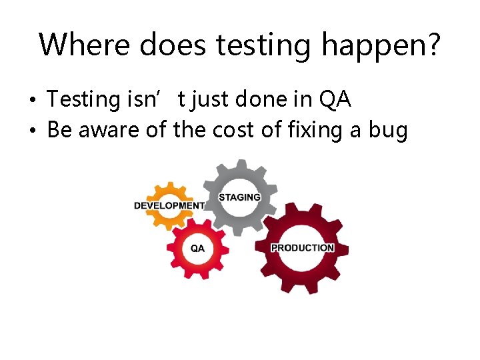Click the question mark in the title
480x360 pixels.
click(433, 45)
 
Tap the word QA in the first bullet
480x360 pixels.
click(335, 99)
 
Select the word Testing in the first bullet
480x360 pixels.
click(82, 101)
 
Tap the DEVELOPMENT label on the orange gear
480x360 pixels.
click(169, 205)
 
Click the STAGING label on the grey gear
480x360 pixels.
click(239, 197)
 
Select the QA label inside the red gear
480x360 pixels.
click(198, 249)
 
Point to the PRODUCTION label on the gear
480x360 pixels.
click(302, 248)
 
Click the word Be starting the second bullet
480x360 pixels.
click(59, 130)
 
